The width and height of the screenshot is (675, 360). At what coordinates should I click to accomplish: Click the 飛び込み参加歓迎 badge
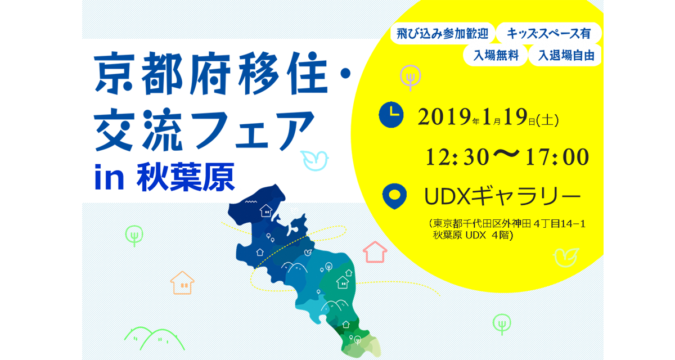point(442,33)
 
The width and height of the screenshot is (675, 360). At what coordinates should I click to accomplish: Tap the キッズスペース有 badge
point(548,33)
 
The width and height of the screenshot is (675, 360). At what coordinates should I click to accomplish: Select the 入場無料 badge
point(496,56)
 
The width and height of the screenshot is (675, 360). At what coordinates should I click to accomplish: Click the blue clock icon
point(391,115)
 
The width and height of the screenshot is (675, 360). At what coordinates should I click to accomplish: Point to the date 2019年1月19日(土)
point(488,117)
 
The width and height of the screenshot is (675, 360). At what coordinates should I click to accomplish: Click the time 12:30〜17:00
point(507,156)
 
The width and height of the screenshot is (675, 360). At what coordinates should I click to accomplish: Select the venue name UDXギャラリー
point(502,196)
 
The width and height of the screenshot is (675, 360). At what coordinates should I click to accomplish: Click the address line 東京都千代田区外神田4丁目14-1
point(507,224)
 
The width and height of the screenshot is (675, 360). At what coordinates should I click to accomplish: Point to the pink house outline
point(375,252)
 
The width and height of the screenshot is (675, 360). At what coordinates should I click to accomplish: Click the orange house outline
point(182,282)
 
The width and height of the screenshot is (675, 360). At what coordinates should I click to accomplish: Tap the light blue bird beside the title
point(314,160)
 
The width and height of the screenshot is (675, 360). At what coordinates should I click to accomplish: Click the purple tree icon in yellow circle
point(411,78)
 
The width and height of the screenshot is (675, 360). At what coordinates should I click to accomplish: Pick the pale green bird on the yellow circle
point(566,258)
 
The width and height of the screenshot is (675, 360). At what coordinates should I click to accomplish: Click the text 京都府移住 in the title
point(211,73)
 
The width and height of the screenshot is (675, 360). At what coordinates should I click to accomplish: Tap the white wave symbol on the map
point(251,201)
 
